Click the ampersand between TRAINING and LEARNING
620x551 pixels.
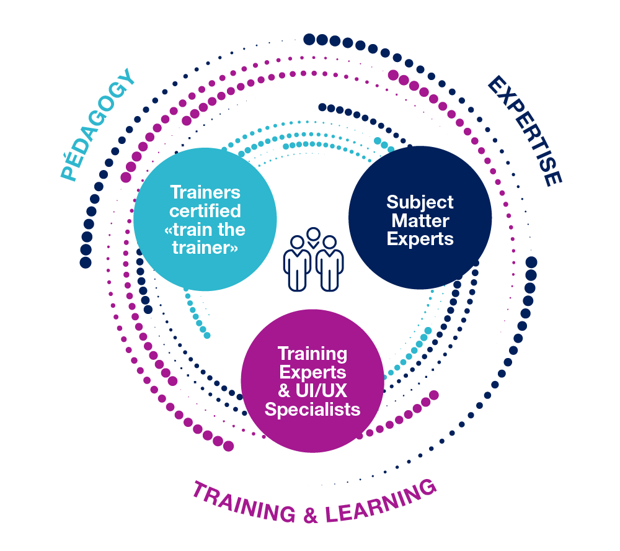pos(311,515)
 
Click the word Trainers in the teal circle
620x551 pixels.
pos(205,192)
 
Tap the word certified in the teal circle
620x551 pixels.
pos(205,211)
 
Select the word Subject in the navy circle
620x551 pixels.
pos(420,203)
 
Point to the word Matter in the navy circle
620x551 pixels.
pos(420,220)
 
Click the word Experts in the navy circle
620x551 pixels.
pos(420,240)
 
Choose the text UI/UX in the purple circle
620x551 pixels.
pos(321,391)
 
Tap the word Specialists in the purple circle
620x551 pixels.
pos(312,410)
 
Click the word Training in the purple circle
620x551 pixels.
pos(312,354)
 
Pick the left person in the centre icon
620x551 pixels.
pos(298,264)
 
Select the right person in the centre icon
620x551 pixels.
pos(329,264)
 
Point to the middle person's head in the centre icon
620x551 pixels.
pos(313,235)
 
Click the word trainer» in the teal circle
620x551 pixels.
pos(205,248)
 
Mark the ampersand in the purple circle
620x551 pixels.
pos(285,391)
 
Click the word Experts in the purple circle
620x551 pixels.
pos(312,373)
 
